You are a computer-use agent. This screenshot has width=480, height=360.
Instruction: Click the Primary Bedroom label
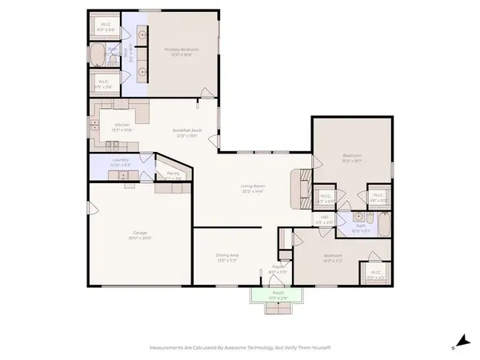(182, 50)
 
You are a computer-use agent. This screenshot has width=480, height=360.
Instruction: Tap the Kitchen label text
(122, 125)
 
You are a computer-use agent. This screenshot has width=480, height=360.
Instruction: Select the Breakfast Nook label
(185, 132)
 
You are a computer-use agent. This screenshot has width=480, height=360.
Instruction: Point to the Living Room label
(253, 188)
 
